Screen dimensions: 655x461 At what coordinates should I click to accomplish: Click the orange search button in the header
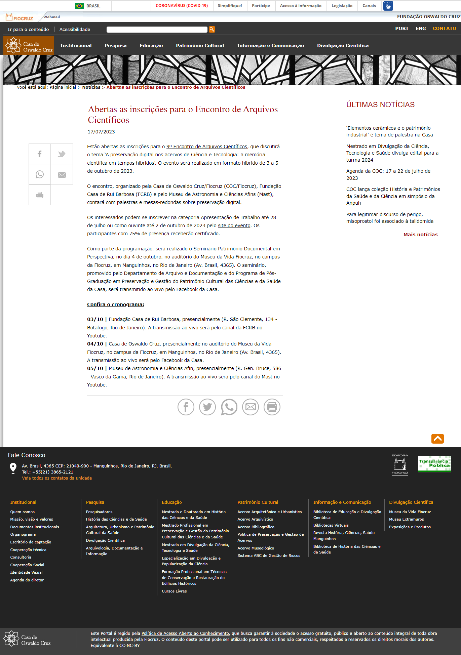pyautogui.click(x=212, y=30)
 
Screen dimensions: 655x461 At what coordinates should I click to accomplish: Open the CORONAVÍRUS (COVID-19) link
pyautogui.click(x=182, y=6)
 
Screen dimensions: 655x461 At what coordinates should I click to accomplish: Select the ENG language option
pyautogui.click(x=421, y=29)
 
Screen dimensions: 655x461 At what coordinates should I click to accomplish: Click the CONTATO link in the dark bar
pyautogui.click(x=444, y=29)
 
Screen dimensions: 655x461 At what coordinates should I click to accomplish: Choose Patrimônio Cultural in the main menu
pyautogui.click(x=200, y=46)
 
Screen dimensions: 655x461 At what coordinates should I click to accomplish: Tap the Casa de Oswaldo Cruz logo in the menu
pyautogui.click(x=29, y=46)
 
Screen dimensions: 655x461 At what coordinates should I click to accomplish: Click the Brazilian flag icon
pyautogui.click(x=79, y=6)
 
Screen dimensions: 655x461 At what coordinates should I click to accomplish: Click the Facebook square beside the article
pyautogui.click(x=40, y=154)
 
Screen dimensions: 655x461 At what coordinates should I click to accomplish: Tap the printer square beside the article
pyautogui.click(x=40, y=195)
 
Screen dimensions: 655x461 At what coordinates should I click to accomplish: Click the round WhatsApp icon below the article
pyautogui.click(x=229, y=407)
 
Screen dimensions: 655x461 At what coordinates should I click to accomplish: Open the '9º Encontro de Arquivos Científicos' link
pyautogui.click(x=207, y=147)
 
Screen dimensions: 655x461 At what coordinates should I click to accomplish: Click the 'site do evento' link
pyautogui.click(x=234, y=226)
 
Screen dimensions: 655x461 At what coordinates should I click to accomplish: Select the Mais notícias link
pyautogui.click(x=420, y=235)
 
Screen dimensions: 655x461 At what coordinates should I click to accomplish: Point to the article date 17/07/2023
pyautogui.click(x=101, y=132)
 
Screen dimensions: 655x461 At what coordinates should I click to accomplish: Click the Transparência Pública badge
pyautogui.click(x=434, y=464)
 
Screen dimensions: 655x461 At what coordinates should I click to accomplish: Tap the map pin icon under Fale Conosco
pyautogui.click(x=13, y=468)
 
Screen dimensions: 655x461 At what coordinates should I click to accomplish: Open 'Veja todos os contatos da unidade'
pyautogui.click(x=57, y=478)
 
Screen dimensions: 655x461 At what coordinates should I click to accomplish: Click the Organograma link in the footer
pyautogui.click(x=23, y=534)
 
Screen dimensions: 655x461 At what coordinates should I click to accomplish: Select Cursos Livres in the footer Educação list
pyautogui.click(x=174, y=591)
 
